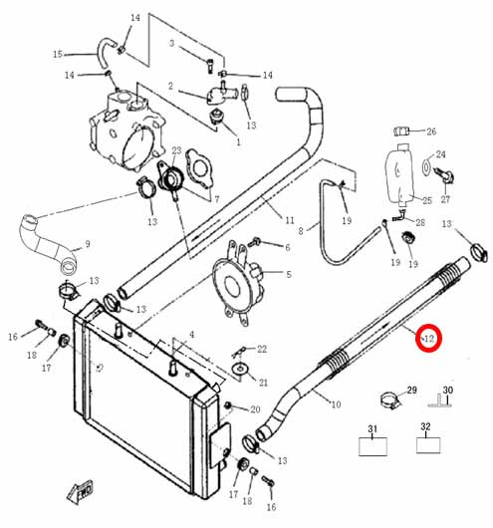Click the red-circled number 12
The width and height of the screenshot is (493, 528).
tap(429, 339)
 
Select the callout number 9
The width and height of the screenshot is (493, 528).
tap(88, 243)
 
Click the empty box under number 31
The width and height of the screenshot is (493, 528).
tap(372, 446)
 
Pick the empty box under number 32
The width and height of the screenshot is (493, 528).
tap(428, 445)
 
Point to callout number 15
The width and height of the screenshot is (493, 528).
tap(58, 54)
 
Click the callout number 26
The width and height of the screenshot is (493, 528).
tap(431, 132)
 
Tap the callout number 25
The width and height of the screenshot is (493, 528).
tap(427, 200)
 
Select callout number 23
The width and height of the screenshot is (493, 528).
tap(176, 150)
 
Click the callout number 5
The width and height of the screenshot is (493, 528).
tap(289, 274)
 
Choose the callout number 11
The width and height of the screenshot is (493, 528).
tap(289, 220)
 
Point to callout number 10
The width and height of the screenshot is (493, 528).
tap(336, 404)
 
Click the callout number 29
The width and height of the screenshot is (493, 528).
tap(412, 390)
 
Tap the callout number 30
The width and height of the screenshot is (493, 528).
tap(447, 390)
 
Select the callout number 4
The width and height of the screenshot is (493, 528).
tap(191, 335)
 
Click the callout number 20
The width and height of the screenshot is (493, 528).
tap(255, 409)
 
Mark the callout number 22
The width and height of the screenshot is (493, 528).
tap(262, 350)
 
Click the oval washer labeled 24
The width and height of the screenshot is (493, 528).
tap(426, 166)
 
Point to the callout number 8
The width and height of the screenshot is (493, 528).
tap(301, 231)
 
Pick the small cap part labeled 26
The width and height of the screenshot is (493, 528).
tap(401, 131)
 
